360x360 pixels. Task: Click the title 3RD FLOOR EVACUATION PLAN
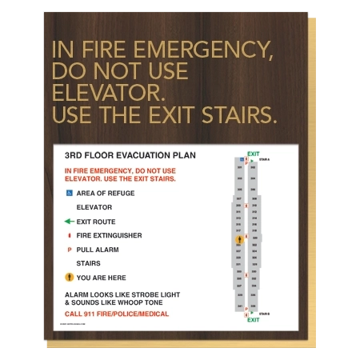[130, 156]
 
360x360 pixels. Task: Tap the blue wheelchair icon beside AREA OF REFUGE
[70, 193]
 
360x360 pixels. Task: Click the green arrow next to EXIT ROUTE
[69, 222]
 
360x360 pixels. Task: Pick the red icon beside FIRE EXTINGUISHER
[70, 235]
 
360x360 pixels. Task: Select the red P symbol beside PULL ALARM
[70, 250]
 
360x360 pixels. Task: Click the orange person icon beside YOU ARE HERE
[70, 277]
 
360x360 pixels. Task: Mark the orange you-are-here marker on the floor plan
[238, 239]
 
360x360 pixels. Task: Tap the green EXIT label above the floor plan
[253, 154]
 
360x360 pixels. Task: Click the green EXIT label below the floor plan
[253, 320]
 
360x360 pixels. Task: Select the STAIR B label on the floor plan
[265, 314]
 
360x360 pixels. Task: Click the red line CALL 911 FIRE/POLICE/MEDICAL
[117, 314]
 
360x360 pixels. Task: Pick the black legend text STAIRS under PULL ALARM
[88, 262]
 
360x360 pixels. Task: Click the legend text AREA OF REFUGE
[106, 193]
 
